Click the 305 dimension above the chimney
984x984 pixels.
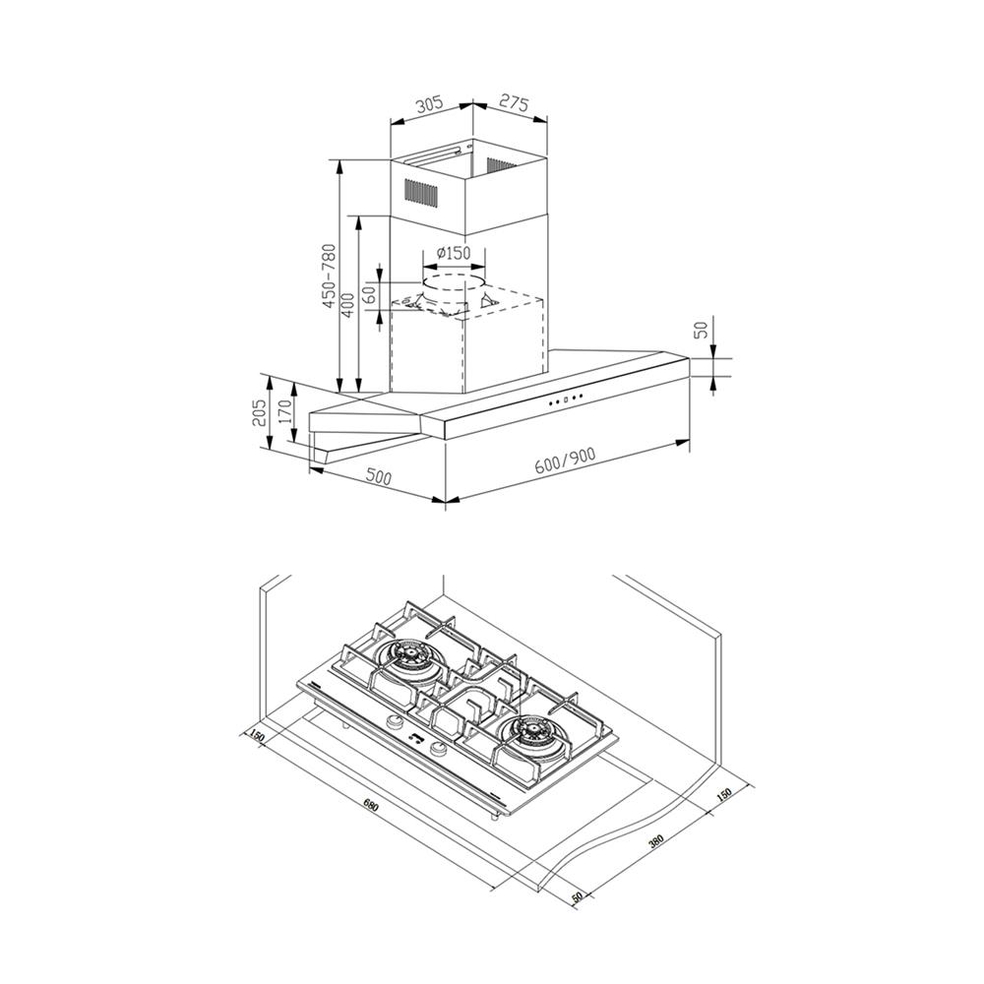click(x=430, y=103)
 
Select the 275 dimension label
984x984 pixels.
click(x=515, y=103)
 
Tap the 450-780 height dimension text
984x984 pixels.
click(x=330, y=277)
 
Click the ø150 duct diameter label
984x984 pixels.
click(x=453, y=253)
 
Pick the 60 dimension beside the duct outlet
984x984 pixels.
click(x=370, y=293)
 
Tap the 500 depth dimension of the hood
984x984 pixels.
click(x=378, y=476)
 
